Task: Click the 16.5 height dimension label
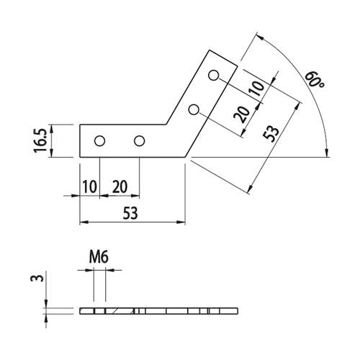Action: [40, 140]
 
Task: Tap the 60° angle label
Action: [315, 79]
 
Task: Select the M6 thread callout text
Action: [99, 257]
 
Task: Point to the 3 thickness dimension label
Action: [37, 279]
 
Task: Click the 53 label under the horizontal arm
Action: [131, 213]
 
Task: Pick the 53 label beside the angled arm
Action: [271, 134]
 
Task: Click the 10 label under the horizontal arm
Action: [90, 186]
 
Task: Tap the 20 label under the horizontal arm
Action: [120, 186]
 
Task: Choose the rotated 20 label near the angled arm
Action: [242, 114]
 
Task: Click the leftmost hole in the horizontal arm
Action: [99, 141]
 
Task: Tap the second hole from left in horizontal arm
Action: [139, 141]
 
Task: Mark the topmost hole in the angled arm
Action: [213, 75]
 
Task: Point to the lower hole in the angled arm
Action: [194, 109]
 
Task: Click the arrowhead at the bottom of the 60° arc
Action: [326, 153]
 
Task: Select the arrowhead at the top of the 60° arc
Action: [261, 37]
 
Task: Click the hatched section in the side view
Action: [120, 311]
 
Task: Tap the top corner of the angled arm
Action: [210, 50]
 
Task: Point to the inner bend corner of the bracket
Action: [166, 125]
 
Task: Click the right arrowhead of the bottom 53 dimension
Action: [181, 222]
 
